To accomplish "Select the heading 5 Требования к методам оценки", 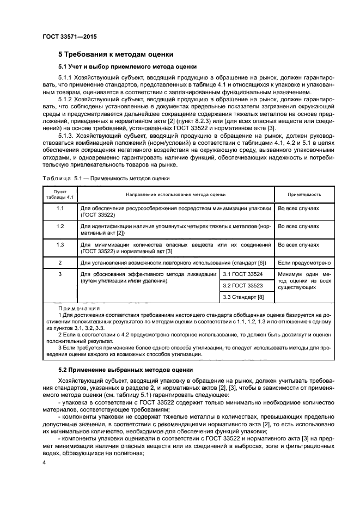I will pyautogui.click(x=115, y=54).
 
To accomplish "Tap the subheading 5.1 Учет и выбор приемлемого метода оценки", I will pyautogui.click(x=119, y=67).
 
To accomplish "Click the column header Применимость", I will pyautogui.click(x=304, y=194).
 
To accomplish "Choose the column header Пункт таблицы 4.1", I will pyautogui.click(x=60, y=194).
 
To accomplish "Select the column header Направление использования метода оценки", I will pyautogui.click(x=175, y=194).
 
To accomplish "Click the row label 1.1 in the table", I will pyautogui.click(x=60, y=208).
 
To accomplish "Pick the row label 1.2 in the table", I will pyautogui.click(x=60, y=226).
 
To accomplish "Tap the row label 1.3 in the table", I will pyautogui.click(x=60, y=244).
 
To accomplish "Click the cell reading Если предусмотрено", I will pyautogui.click(x=304, y=262).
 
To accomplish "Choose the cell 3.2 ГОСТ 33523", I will pyautogui.click(x=243, y=285).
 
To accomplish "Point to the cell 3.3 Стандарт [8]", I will pyautogui.click(x=243, y=297).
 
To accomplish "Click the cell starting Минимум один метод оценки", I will pyautogui.click(x=304, y=280).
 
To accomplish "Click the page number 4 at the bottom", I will pyautogui.click(x=45, y=462).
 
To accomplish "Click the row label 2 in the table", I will pyautogui.click(x=60, y=262).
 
